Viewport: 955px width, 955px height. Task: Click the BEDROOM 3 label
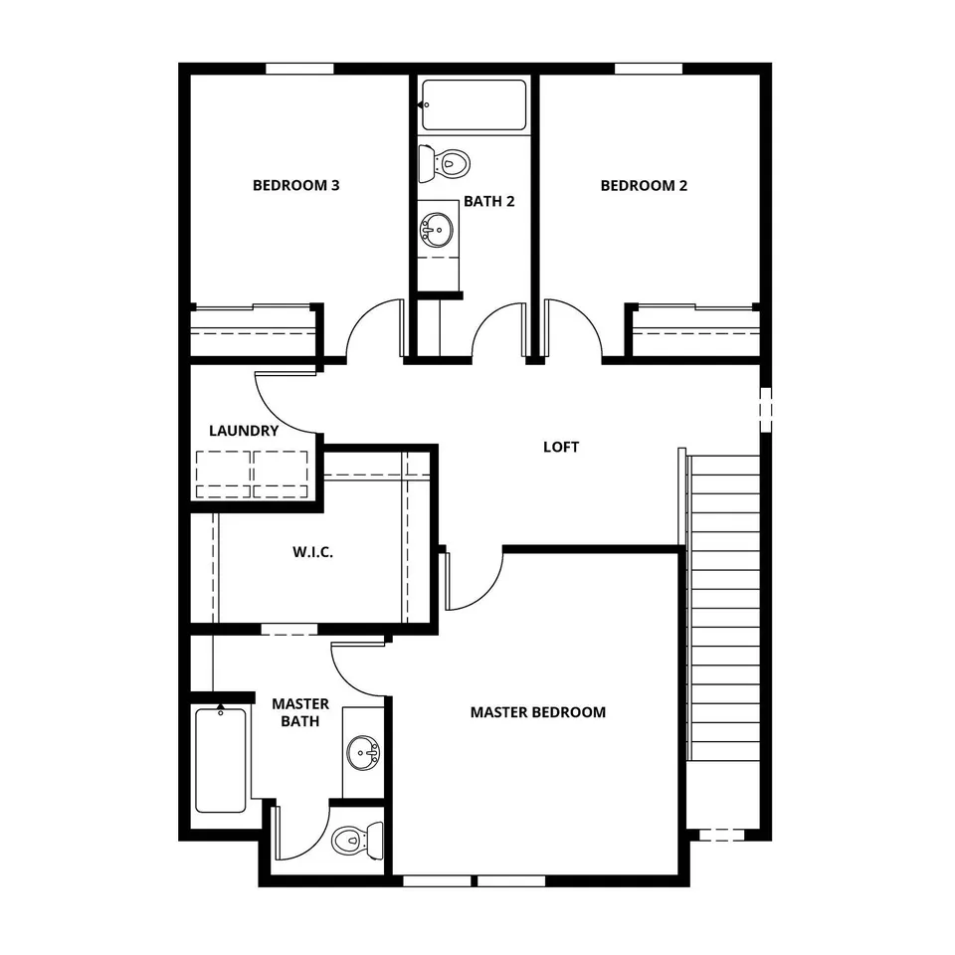[x=296, y=185]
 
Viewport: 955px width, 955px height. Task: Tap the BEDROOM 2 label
[x=644, y=185]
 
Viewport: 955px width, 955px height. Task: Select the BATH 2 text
[x=489, y=201]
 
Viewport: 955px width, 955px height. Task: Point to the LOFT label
[x=561, y=447]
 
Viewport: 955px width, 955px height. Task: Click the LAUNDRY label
[x=244, y=431]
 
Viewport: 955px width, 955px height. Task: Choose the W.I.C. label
[x=312, y=552]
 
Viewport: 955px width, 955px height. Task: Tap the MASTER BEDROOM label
[x=538, y=712]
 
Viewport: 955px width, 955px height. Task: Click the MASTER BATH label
[x=300, y=712]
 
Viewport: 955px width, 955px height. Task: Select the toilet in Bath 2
[x=444, y=164]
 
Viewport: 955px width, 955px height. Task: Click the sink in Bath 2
[x=437, y=230]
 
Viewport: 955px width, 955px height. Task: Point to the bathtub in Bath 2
[x=474, y=104]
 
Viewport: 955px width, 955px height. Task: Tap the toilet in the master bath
[x=357, y=841]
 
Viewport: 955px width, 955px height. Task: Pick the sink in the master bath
[x=363, y=753]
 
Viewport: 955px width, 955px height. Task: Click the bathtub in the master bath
[x=221, y=760]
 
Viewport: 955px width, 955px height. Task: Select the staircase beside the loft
[x=723, y=608]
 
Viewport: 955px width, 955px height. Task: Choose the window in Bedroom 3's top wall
[x=299, y=69]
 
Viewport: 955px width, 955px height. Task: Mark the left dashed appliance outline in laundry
[x=223, y=475]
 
